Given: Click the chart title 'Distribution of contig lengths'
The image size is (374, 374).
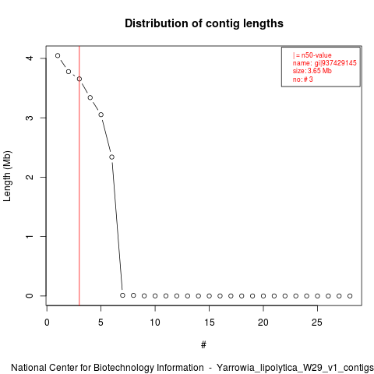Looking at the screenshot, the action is (204, 23).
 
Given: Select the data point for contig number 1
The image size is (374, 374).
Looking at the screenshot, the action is (58, 55).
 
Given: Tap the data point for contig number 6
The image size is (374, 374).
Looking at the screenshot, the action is (111, 157).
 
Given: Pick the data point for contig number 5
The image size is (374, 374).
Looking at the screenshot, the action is (101, 115).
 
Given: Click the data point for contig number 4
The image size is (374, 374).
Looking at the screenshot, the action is (90, 97).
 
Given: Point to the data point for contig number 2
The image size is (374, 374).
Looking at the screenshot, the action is (69, 72).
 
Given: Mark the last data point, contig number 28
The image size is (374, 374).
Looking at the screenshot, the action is (350, 296).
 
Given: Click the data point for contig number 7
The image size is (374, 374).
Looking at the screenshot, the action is (122, 295).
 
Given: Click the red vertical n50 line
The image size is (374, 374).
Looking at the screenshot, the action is (79, 175).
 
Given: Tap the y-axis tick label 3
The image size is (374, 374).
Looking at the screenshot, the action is (30, 118).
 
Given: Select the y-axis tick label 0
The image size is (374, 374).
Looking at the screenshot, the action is (30, 296).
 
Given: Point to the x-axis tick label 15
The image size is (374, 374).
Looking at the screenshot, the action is (209, 323).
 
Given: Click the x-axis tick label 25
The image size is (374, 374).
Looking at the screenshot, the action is (317, 323).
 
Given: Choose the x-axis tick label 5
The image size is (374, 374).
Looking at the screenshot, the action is (101, 323).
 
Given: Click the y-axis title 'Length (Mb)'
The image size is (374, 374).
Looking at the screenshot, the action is (7, 176).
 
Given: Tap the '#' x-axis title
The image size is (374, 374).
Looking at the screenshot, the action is (203, 345).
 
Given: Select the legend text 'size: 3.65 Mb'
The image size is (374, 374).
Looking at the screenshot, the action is (312, 71).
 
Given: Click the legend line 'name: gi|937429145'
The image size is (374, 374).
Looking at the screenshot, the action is (325, 63).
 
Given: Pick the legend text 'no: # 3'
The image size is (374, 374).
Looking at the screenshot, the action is (303, 79).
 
